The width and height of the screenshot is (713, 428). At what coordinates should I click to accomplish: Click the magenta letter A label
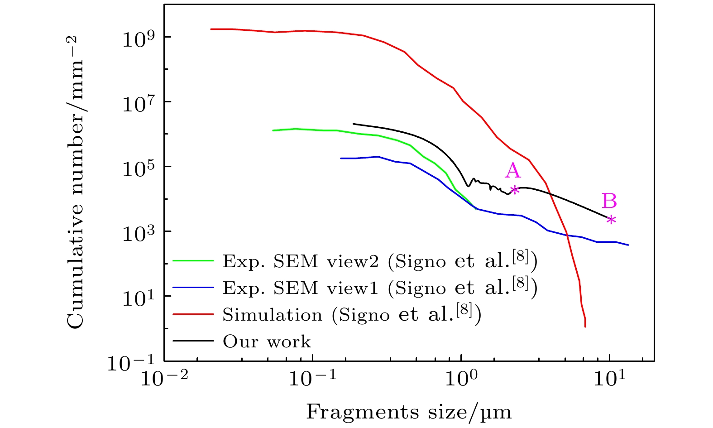(x=513, y=171)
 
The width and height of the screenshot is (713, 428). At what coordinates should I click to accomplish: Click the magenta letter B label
(x=609, y=201)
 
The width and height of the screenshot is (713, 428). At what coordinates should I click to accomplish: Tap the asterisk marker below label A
(x=514, y=190)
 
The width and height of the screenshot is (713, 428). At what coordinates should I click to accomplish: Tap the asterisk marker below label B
(x=611, y=220)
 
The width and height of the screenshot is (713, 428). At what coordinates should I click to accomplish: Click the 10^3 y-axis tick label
(x=139, y=232)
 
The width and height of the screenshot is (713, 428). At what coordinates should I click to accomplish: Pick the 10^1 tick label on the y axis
(x=139, y=297)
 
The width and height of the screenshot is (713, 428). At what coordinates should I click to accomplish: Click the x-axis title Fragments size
(x=409, y=412)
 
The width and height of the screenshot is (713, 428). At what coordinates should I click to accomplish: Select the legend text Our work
(x=267, y=341)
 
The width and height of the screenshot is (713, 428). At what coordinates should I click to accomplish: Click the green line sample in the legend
(x=193, y=260)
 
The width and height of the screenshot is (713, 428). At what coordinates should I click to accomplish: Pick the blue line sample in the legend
(x=193, y=287)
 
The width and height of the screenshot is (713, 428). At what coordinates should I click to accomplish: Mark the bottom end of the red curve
(x=585, y=326)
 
